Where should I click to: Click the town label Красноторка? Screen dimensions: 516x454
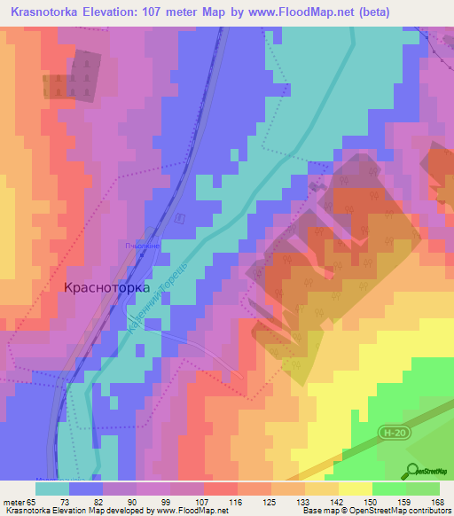coord(106,288)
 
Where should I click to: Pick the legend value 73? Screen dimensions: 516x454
coord(65,500)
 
